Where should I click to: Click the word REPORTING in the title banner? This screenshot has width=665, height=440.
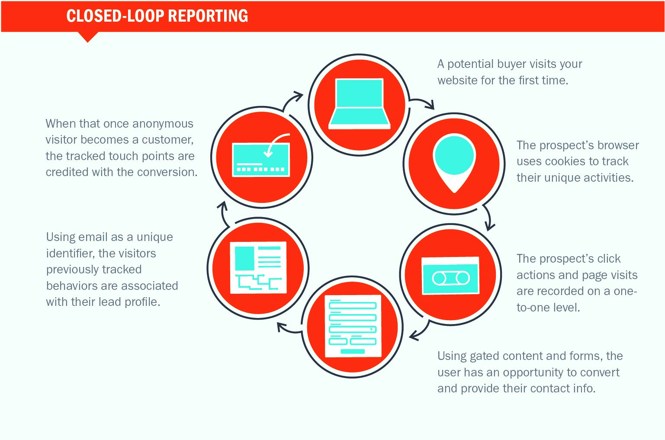[x=208, y=16]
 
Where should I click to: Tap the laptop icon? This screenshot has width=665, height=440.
[x=359, y=103]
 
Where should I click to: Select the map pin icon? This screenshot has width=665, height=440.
[x=454, y=163]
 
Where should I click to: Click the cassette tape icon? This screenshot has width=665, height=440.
[x=450, y=276]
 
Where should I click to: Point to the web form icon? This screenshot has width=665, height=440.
[x=353, y=326]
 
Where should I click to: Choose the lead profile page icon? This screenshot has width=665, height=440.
[x=258, y=267]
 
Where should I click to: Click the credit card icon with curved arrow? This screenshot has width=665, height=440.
[x=261, y=155]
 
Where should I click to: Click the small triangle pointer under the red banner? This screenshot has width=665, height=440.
[x=87, y=37]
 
